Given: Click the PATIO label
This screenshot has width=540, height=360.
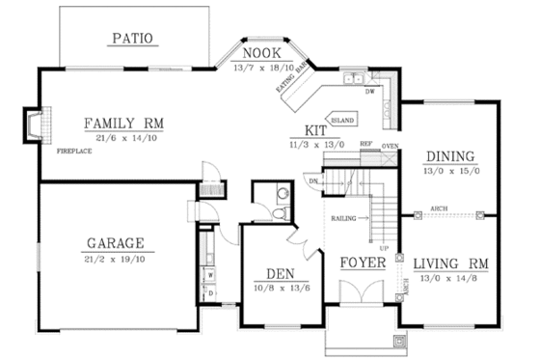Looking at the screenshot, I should click(x=131, y=40).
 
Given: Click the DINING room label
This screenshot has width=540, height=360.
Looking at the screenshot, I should click(x=449, y=155).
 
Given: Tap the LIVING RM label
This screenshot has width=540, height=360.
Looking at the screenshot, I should click(x=449, y=262).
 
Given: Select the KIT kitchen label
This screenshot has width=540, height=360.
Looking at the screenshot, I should click(x=315, y=128).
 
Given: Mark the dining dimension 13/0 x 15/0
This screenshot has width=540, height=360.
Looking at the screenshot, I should click(x=449, y=171).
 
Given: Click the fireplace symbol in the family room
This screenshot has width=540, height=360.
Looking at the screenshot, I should click(x=32, y=124).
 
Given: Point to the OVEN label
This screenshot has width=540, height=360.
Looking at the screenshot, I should click(x=390, y=146).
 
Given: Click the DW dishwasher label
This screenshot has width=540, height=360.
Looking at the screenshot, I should click(x=370, y=93).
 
